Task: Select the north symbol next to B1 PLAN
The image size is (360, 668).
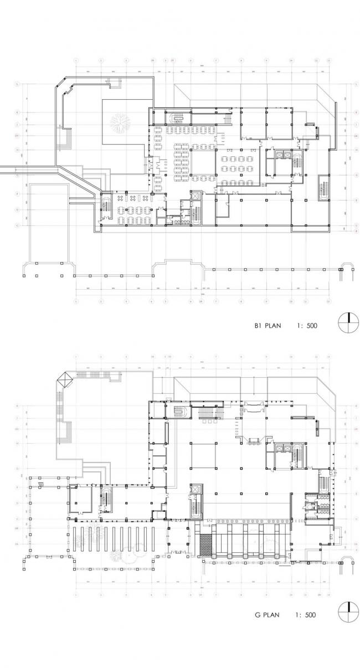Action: [x=347, y=323]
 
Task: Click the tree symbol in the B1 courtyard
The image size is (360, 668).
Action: [x=119, y=123]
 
